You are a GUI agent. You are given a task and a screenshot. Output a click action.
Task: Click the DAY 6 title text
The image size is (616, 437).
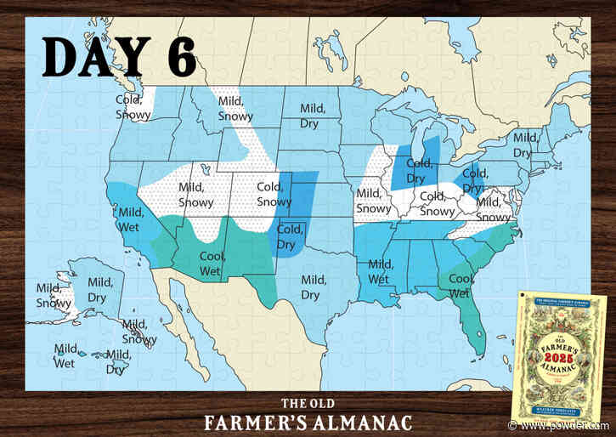click(119, 58)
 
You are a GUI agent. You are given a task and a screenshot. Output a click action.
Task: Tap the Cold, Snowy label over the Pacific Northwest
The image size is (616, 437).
click(133, 107)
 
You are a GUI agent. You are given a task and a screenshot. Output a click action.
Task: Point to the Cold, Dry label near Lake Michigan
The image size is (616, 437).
click(416, 171)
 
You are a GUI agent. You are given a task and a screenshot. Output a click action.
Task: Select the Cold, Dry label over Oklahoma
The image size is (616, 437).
click(290, 236)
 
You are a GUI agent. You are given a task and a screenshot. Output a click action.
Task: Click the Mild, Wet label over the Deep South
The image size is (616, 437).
click(381, 271)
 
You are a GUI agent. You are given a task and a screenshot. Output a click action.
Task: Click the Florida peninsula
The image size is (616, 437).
click(475, 328)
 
